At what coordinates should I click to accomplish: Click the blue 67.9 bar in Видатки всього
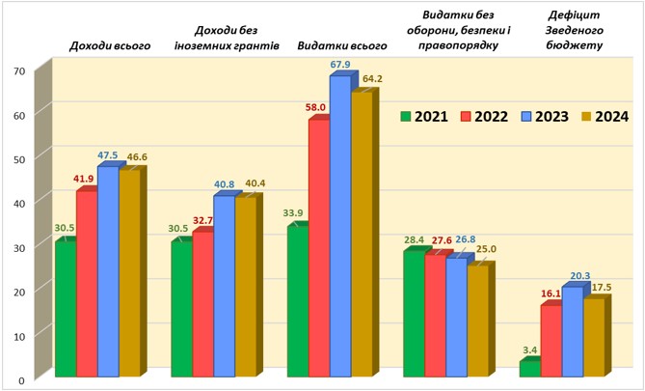(x=339, y=227)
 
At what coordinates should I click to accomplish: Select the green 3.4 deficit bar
(x=529, y=368)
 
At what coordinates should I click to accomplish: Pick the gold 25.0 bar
(x=476, y=320)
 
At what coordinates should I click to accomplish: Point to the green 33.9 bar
(x=297, y=300)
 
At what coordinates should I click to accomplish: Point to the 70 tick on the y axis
(x=18, y=71)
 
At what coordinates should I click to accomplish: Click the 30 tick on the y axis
(x=18, y=246)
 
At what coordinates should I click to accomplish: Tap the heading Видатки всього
(x=342, y=45)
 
